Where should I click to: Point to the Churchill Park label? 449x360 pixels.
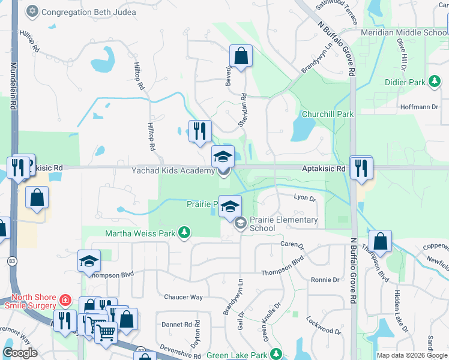(x=328, y=114)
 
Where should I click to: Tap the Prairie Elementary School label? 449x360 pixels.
(x=283, y=224)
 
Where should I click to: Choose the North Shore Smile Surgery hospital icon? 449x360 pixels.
(x=65, y=299)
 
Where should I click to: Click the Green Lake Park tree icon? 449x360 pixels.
(x=276, y=354)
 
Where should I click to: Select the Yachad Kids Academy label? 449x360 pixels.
(x=173, y=171)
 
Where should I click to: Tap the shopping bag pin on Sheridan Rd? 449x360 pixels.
(x=240, y=58)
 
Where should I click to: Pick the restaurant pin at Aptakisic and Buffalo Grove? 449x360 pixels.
(x=361, y=168)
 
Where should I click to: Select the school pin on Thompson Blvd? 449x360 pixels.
(x=89, y=262)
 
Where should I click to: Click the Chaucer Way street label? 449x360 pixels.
(x=184, y=297)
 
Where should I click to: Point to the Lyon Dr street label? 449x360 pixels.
(x=304, y=197)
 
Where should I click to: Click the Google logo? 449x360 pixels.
(x=20, y=353)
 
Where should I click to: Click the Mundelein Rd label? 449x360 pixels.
(x=12, y=84)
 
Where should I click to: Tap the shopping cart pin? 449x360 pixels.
(x=106, y=331)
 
